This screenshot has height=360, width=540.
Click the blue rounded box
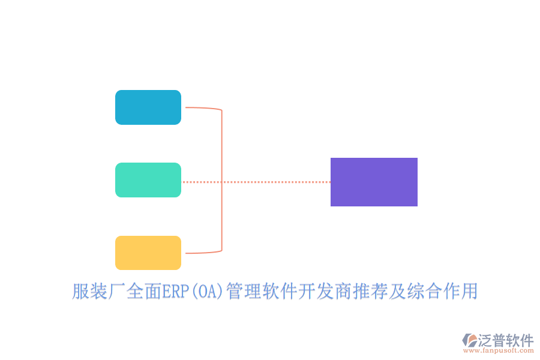148,107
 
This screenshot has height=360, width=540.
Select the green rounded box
148,180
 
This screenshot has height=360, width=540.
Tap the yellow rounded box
148,253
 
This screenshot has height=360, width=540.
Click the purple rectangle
374,182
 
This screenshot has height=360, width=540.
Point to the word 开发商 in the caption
325,292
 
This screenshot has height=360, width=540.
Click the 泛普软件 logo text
505,340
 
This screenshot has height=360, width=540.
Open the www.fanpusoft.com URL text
497,350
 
